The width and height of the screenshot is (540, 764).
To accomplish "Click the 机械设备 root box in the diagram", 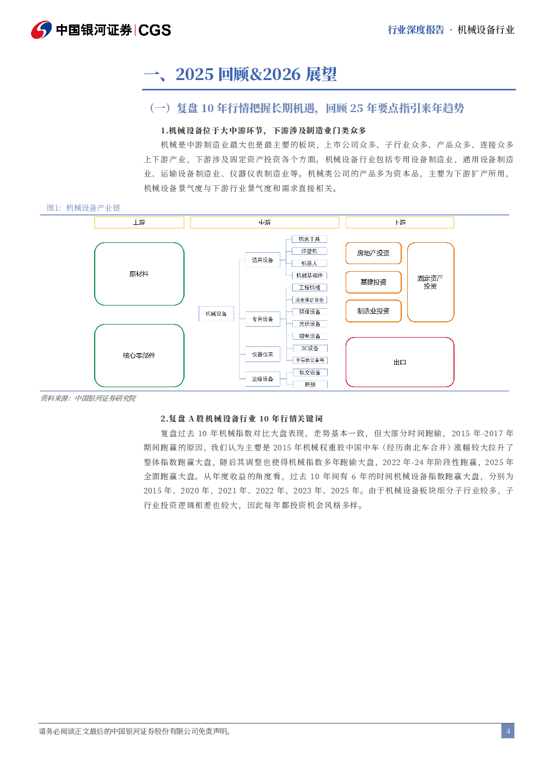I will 216,314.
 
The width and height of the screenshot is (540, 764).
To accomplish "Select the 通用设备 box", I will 262,260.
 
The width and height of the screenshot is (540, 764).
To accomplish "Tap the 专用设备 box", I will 262,319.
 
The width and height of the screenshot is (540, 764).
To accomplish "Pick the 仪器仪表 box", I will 262,355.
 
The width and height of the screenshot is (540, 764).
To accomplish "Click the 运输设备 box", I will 262,379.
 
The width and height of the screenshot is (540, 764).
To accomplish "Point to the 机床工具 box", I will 309,239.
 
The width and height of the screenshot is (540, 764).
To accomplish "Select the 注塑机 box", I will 309,251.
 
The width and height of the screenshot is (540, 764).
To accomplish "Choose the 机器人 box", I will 309,264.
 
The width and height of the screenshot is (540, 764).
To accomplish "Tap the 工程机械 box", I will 309,288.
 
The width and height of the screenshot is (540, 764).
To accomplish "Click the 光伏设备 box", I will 309,324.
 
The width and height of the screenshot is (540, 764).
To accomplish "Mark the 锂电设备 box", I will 309,336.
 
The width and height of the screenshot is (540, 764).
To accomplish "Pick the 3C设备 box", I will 309,349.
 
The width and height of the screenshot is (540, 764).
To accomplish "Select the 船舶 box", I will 310,384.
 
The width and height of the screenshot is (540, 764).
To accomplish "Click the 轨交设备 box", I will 309,372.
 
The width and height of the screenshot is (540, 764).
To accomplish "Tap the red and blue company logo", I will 41,30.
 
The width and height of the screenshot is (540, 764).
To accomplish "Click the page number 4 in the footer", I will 508,731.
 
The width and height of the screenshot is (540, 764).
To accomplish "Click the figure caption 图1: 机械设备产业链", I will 83,208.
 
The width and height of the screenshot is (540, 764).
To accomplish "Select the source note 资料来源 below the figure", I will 88,398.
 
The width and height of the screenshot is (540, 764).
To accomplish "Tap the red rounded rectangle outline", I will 400,362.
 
